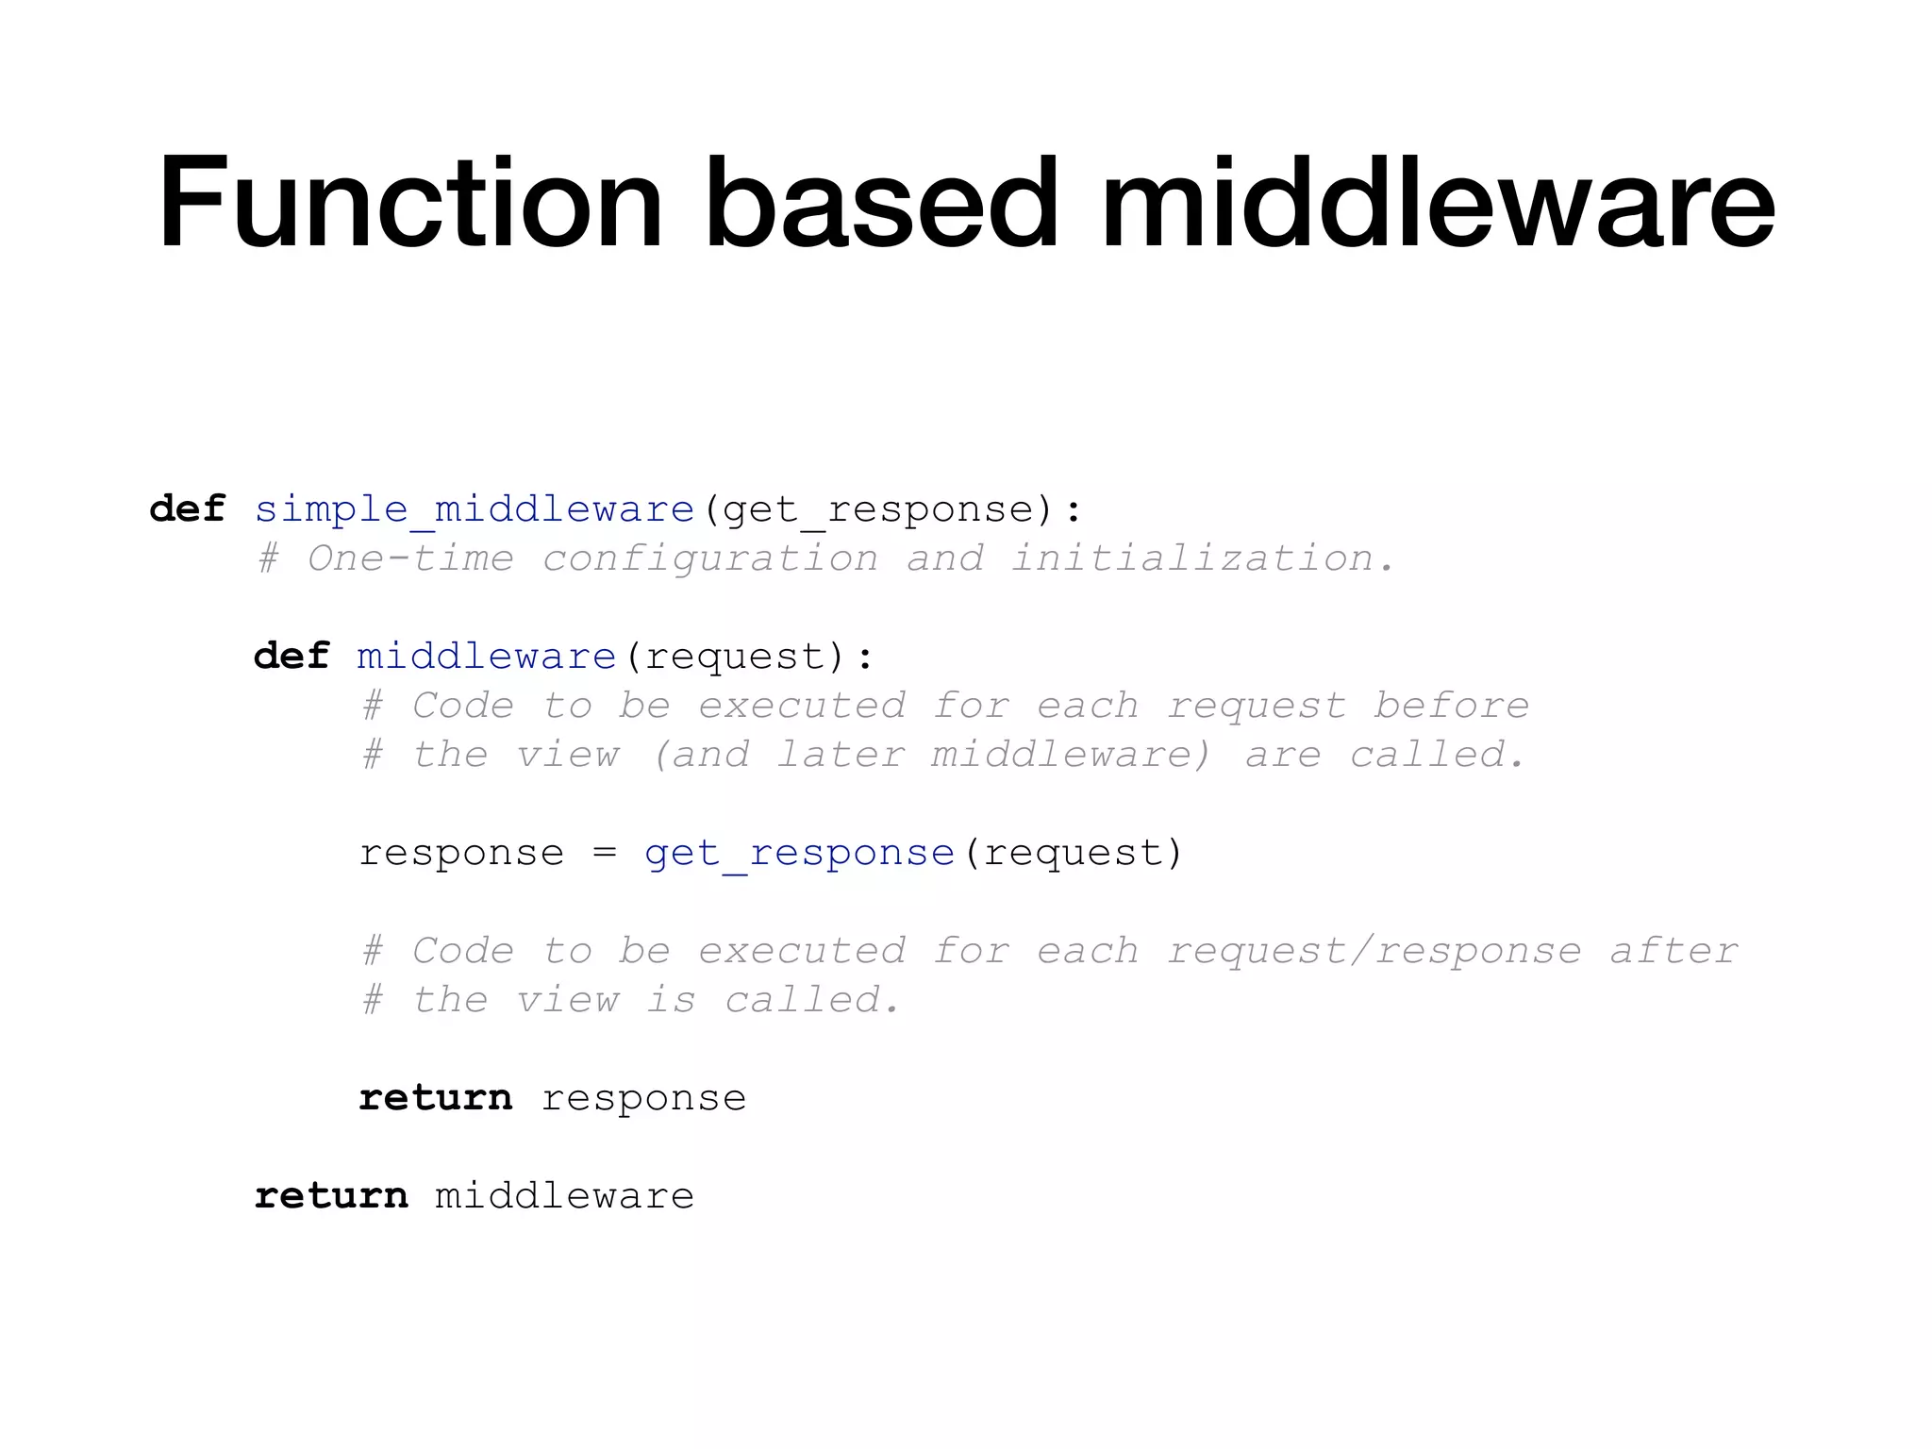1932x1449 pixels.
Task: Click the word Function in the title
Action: coord(410,203)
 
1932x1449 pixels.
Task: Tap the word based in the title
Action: coord(881,203)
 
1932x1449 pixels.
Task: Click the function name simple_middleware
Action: coord(475,510)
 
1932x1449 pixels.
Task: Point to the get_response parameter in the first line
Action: coord(878,510)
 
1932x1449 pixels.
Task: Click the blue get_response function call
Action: coord(799,854)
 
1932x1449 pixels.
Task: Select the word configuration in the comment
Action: coord(709,559)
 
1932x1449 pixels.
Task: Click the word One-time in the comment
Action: coord(410,559)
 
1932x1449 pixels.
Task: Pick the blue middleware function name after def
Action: coord(487,658)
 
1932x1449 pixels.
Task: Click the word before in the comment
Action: coord(1450,707)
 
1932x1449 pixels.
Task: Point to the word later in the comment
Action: coord(840,756)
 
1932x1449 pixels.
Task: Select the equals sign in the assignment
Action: coord(605,854)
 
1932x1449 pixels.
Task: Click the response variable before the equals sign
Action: coord(461,854)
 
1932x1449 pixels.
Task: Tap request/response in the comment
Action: coord(1374,952)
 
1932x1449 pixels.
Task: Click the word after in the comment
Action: coord(1673,952)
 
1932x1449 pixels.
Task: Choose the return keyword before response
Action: coord(435,1099)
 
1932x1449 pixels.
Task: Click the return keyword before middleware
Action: coord(331,1197)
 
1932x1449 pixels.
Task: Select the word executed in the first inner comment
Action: coord(801,707)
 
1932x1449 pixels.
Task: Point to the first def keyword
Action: coord(188,510)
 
